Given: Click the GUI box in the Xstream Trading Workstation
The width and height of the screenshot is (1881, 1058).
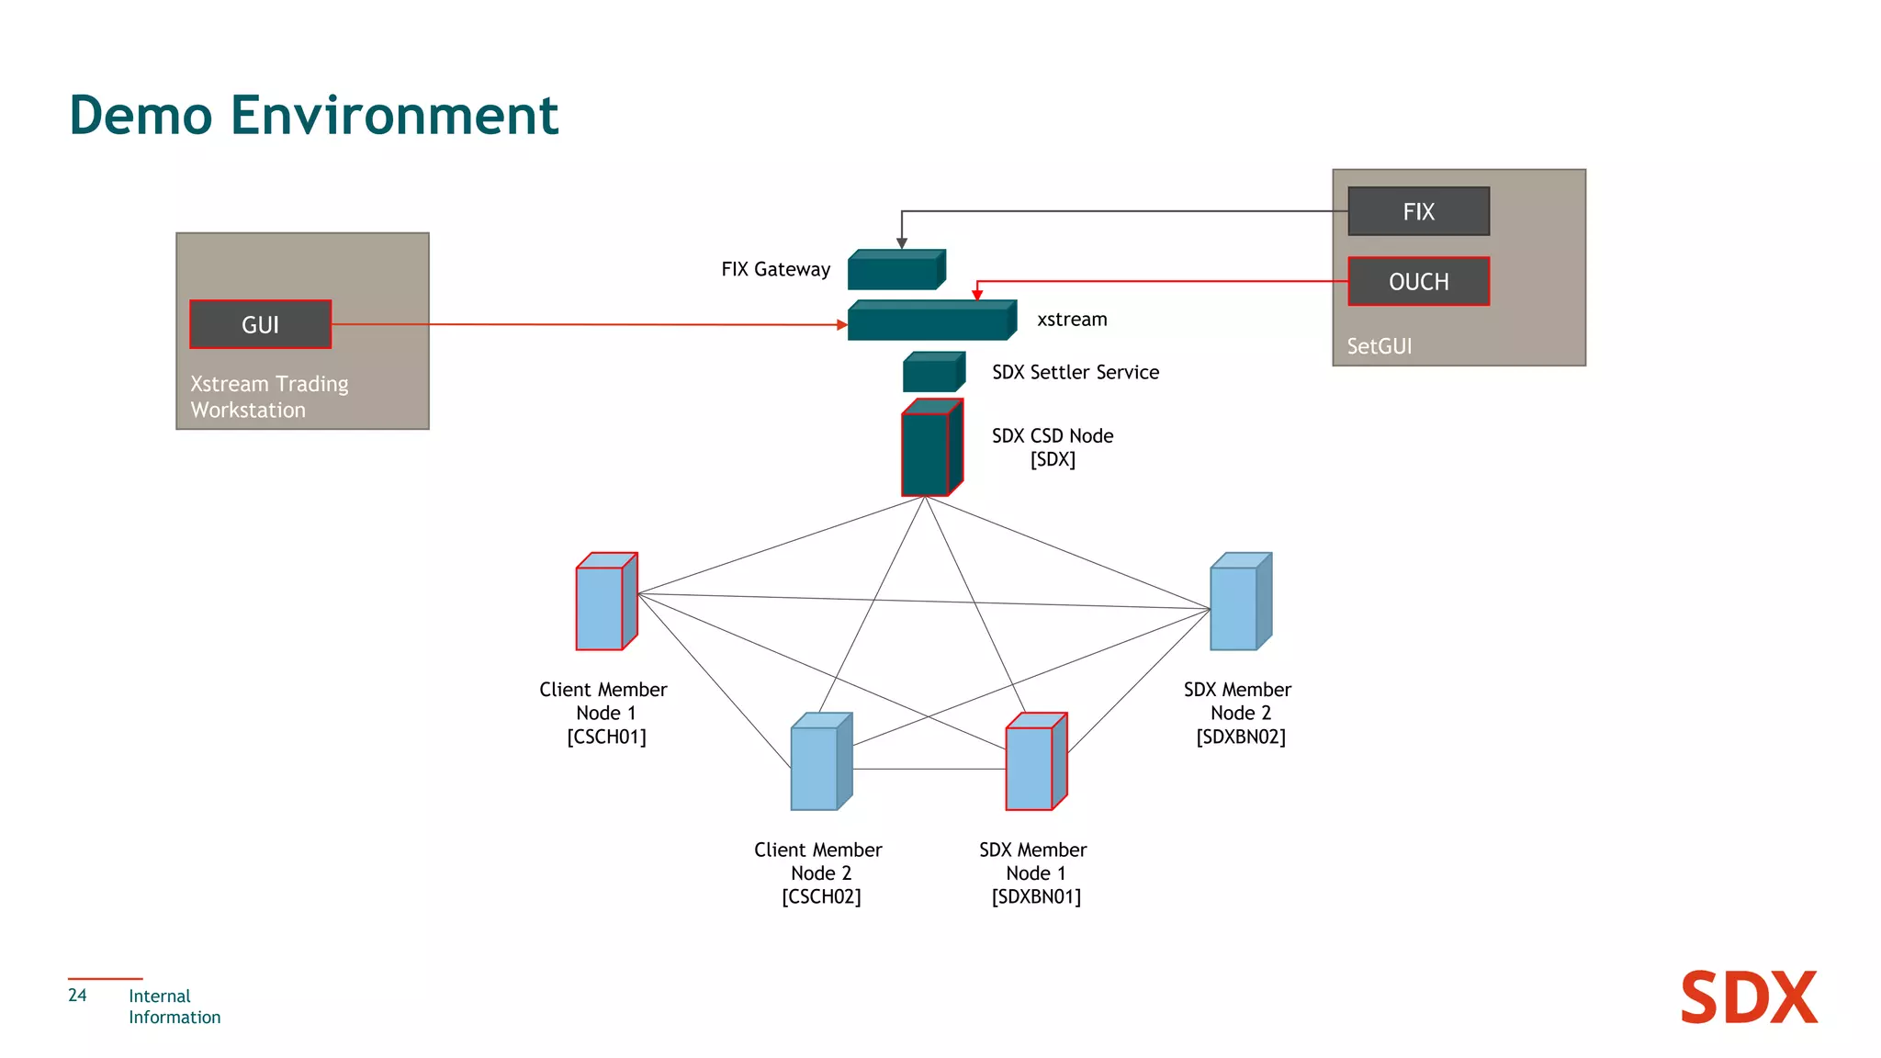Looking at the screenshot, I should (x=260, y=324).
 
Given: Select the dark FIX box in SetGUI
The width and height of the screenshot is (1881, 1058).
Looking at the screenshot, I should (x=1418, y=211).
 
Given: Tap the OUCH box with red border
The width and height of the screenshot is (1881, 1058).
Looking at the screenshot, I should (x=1418, y=281).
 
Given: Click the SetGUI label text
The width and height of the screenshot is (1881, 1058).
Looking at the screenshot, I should (x=1379, y=346).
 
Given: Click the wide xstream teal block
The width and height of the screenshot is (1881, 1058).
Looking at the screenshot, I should (x=930, y=321).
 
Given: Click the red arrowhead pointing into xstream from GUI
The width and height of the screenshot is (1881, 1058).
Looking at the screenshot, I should (x=841, y=324).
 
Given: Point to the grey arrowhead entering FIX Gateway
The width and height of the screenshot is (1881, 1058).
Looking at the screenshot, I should (x=902, y=243).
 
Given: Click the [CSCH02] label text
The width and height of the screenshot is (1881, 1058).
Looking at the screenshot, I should (x=821, y=896).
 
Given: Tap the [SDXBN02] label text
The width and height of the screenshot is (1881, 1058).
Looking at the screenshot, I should (x=1240, y=737).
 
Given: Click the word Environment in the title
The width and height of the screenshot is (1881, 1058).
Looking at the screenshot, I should (x=393, y=116).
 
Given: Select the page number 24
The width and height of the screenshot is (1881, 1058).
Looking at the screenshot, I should (x=77, y=995).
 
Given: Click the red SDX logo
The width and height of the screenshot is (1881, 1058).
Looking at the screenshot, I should (x=1748, y=997).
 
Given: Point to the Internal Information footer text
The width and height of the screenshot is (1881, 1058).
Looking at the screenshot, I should (x=174, y=1007).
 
